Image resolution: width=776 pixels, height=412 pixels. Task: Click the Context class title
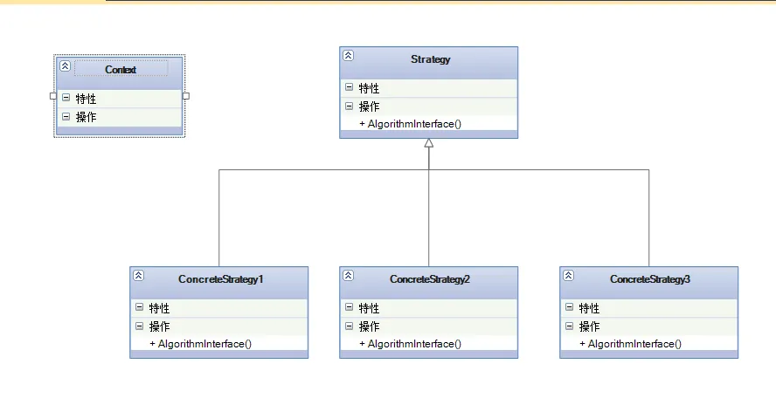[x=121, y=69]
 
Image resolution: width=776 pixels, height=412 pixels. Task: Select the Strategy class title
[x=430, y=59]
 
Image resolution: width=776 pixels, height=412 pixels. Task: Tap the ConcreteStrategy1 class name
[x=220, y=279]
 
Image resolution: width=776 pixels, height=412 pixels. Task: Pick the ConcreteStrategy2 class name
[x=430, y=279]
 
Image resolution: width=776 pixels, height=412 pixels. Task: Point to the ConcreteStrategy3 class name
[x=650, y=279]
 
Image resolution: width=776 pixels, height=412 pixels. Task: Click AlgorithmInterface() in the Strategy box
[x=410, y=124]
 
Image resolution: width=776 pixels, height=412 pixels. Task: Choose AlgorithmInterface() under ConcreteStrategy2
[x=410, y=344]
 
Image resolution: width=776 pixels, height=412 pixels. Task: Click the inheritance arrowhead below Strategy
[x=429, y=144]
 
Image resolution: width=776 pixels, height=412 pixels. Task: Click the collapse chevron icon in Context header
[x=65, y=66]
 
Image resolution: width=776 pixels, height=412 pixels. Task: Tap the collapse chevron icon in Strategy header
[x=348, y=55]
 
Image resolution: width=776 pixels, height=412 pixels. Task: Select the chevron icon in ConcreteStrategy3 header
[x=568, y=275]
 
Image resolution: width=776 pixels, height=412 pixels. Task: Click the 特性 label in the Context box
[x=86, y=99]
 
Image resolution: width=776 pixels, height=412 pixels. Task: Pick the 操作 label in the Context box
[x=86, y=117]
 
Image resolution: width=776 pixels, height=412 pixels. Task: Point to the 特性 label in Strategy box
[x=369, y=88]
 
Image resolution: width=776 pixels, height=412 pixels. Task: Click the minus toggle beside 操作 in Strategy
[x=349, y=106]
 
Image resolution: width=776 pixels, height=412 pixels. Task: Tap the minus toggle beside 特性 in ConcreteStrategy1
[x=139, y=307]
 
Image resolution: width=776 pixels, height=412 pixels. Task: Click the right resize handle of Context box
[x=186, y=96]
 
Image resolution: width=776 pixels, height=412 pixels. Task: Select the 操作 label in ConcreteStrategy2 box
[x=369, y=326]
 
